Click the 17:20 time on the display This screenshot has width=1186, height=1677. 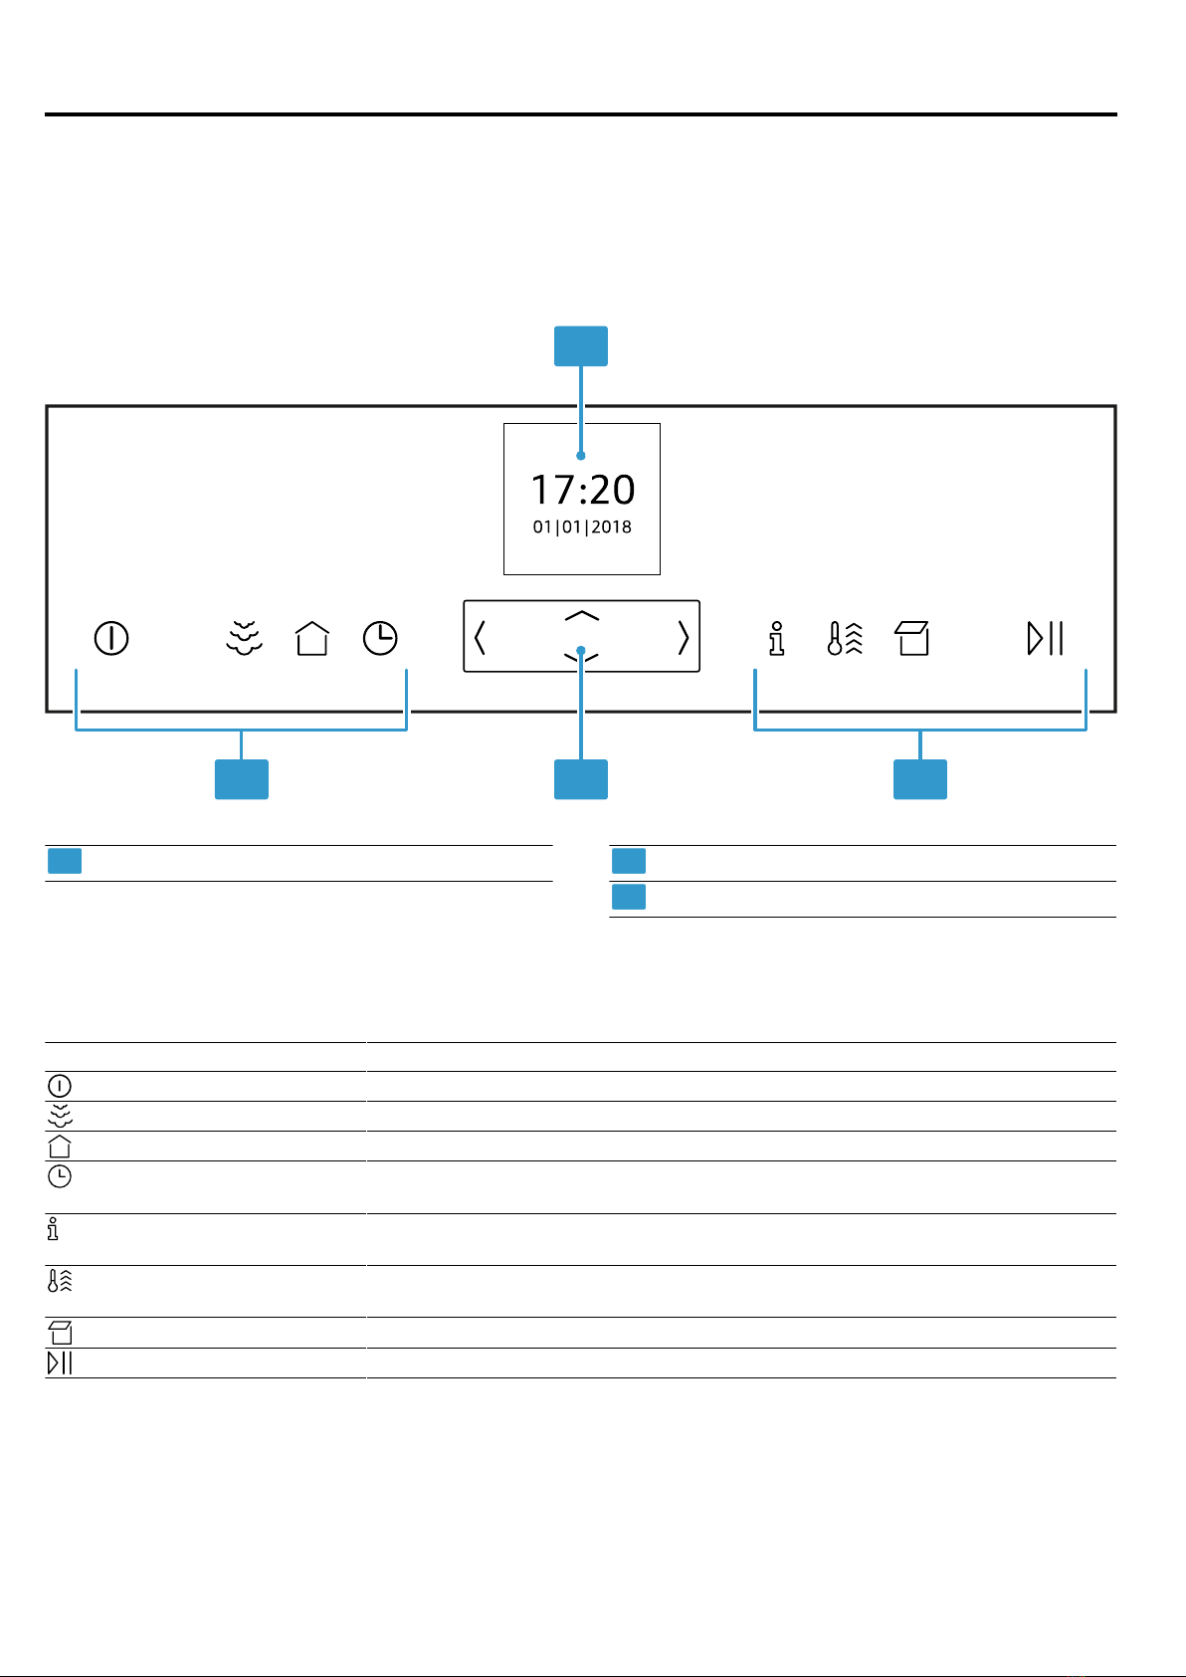pyautogui.click(x=583, y=490)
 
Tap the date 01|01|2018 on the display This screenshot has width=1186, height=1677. pyautogui.click(x=582, y=527)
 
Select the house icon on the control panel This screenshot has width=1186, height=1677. pyautogui.click(x=312, y=639)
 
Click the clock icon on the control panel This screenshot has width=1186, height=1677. pyautogui.click(x=380, y=639)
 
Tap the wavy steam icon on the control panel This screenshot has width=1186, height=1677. pyautogui.click(x=244, y=639)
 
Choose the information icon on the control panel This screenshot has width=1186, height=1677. pyautogui.click(x=777, y=639)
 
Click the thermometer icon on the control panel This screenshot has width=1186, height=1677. pyautogui.click(x=845, y=639)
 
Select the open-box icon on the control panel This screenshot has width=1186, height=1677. pyautogui.click(x=912, y=639)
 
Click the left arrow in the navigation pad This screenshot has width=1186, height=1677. pyautogui.click(x=480, y=637)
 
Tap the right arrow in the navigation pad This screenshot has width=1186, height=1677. pyautogui.click(x=684, y=637)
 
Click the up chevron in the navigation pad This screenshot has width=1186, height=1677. pyautogui.click(x=581, y=615)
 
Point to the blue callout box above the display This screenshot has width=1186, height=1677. pyautogui.click(x=581, y=346)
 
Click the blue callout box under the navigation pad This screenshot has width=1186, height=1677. pyautogui.click(x=581, y=779)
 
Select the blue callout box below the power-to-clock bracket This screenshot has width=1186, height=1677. pyautogui.click(x=242, y=779)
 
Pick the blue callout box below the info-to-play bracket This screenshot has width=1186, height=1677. pyautogui.click(x=920, y=779)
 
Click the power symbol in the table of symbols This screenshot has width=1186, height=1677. pyautogui.click(x=59, y=1086)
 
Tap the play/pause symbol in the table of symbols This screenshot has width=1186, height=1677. pyautogui.click(x=60, y=1363)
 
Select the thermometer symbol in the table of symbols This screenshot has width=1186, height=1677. pyautogui.click(x=60, y=1280)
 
